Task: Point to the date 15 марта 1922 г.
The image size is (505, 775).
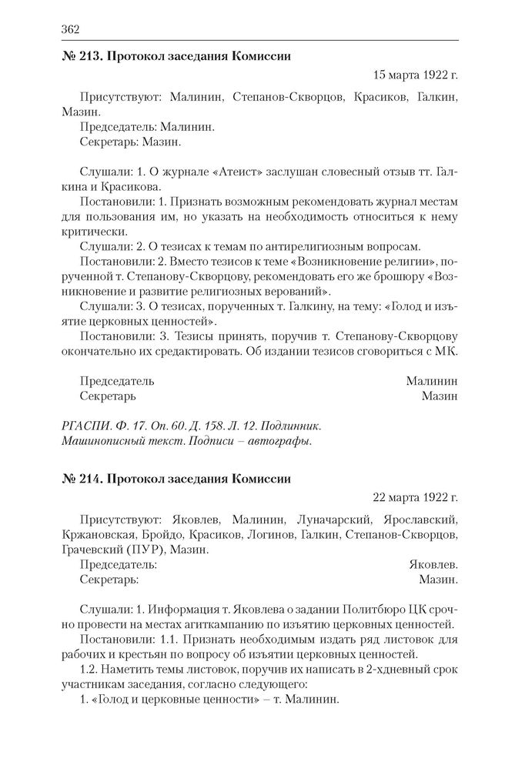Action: pyautogui.click(x=415, y=75)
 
